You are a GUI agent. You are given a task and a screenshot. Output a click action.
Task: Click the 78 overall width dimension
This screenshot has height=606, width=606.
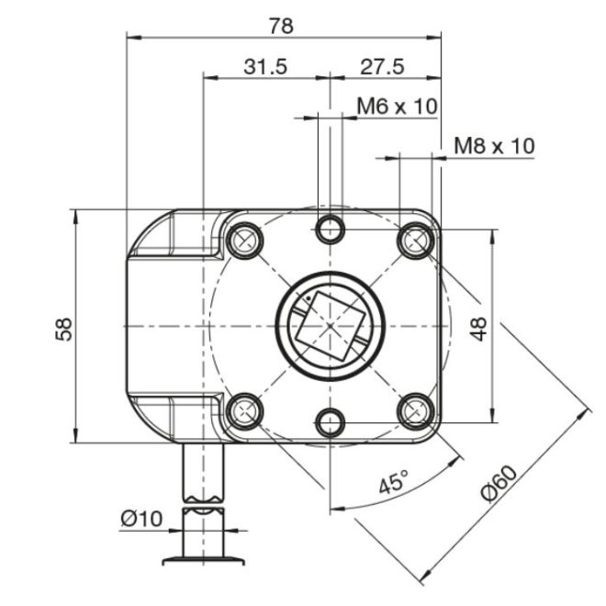click(281, 27)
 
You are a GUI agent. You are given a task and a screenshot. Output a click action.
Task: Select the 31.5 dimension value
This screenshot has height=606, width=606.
click(265, 66)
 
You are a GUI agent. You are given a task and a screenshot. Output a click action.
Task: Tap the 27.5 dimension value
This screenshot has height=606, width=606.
click(382, 66)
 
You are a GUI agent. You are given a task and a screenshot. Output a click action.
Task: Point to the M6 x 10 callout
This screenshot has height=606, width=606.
click(397, 106)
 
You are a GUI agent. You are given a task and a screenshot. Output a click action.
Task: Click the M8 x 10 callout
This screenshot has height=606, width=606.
click(494, 146)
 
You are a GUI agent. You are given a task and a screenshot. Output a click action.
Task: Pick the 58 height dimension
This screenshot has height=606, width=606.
click(64, 329)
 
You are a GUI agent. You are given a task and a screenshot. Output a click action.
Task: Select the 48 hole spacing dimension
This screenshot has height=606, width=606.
click(479, 329)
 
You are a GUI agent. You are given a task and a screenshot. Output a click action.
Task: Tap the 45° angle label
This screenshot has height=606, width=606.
click(393, 481)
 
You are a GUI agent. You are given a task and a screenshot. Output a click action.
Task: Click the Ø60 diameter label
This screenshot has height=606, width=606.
click(499, 484)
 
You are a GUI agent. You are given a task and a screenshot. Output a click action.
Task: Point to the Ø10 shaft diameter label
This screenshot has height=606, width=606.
click(141, 518)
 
